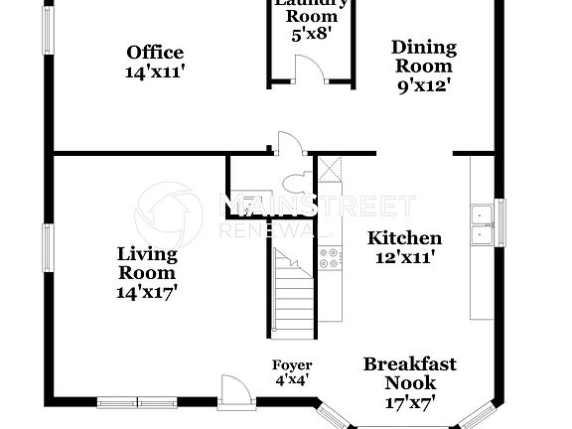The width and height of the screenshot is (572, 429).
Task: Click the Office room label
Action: [155, 53]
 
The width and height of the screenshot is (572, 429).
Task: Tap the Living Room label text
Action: [147, 263]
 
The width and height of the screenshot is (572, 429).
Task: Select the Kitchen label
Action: [404, 238]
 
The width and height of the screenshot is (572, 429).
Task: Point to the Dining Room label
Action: [423, 57]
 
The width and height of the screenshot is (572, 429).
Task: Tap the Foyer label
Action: [292, 365]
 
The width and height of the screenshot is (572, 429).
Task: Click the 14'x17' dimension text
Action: [147, 292]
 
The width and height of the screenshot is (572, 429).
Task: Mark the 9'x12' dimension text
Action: [423, 85]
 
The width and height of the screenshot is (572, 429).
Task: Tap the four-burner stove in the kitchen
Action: [330, 260]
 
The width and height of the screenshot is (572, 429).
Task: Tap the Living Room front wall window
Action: [136, 402]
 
